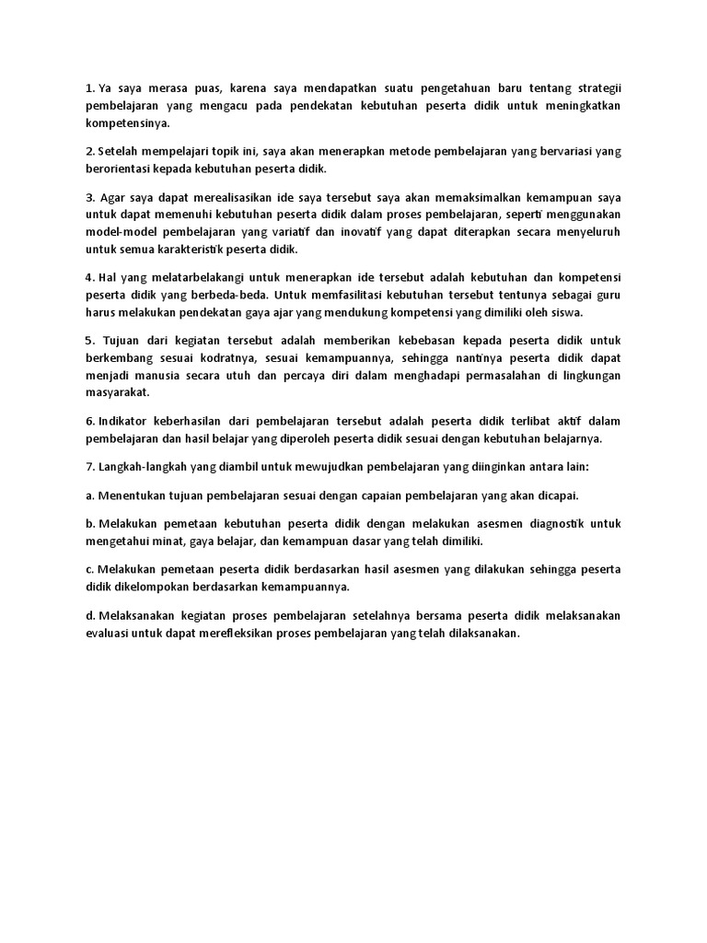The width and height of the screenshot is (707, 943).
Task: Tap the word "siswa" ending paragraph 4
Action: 563,311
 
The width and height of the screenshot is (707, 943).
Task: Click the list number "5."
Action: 91,339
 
